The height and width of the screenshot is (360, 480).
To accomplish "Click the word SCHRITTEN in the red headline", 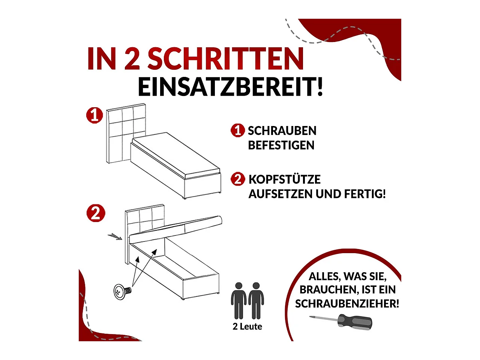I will [x=225, y=59].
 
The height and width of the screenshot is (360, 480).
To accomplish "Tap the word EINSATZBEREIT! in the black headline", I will [x=230, y=87].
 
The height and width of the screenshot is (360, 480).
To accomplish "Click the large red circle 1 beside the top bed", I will [x=94, y=115].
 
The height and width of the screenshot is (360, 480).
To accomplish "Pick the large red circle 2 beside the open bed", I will [x=96, y=213].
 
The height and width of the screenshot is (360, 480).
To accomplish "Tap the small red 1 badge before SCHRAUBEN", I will [x=237, y=130].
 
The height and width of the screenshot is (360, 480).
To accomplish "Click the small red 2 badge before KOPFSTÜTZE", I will [x=238, y=179].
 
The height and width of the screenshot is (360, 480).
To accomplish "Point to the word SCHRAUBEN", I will [x=282, y=131].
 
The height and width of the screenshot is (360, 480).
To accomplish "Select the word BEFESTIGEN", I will [x=281, y=145].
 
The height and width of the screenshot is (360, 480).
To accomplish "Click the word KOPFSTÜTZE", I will [x=284, y=179].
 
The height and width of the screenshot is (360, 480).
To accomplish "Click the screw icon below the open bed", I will [x=122, y=291].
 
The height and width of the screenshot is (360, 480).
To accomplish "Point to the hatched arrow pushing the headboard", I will [x=115, y=236].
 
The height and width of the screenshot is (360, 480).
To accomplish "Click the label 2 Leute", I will [x=247, y=327].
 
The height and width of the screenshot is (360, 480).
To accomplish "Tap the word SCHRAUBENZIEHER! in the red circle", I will [x=347, y=304].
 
